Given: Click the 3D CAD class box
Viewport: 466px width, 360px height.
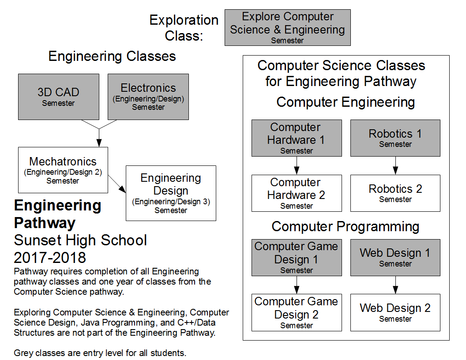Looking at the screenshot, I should [58, 97].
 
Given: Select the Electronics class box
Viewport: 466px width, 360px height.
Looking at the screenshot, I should [148, 97].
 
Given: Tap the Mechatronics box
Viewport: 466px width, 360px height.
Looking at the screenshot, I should [63, 170].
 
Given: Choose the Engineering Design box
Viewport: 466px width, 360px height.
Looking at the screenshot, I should [171, 193].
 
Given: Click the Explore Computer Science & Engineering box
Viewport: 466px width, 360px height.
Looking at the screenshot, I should [287, 28].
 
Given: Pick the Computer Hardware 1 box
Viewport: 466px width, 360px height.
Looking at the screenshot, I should [297, 138].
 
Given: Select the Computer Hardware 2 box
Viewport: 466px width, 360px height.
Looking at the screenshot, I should [297, 193].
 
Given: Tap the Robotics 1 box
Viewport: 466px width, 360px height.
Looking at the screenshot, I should [395, 138].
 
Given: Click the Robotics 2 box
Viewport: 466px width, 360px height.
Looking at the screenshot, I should [395, 193].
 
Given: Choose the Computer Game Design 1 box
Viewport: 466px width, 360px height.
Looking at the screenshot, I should [297, 257].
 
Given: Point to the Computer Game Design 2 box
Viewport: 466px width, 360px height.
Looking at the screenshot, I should [297, 312].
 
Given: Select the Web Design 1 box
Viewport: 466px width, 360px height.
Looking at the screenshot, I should [395, 257].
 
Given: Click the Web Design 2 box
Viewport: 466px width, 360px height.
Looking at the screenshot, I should [395, 312].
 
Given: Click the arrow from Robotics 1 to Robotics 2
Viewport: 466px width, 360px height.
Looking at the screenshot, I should [395, 166].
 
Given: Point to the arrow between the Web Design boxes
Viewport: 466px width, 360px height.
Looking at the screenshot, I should [395, 285].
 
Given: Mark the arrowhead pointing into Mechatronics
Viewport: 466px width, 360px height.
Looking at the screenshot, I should [99, 143].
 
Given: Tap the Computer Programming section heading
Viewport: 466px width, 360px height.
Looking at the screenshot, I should [345, 226].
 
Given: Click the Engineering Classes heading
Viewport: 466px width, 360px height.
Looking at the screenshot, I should [112, 56].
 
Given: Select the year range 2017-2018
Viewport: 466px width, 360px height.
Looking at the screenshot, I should [50, 257].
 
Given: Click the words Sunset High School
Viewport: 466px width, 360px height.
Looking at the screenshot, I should [80, 240].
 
